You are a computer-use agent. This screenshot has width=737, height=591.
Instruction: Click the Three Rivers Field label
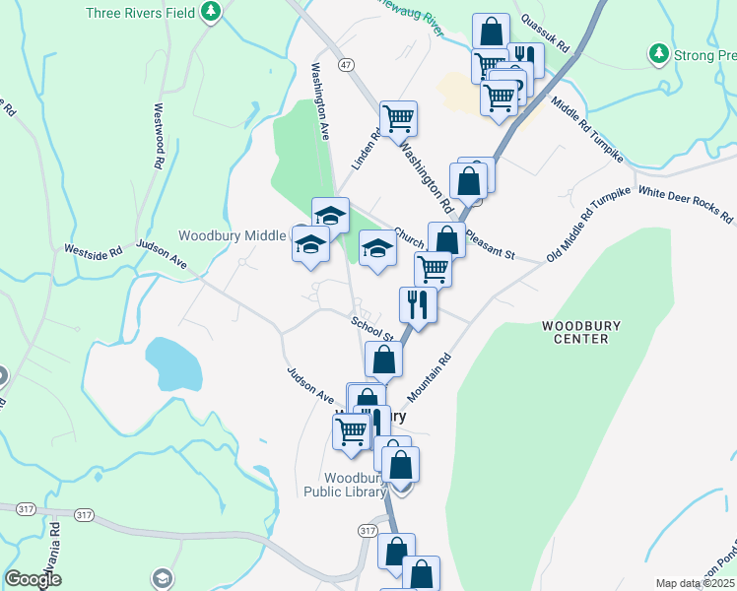[x=141, y=13]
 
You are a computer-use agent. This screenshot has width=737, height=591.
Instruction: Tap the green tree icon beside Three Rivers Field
[x=210, y=13]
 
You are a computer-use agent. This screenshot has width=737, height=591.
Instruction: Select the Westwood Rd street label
[x=157, y=138]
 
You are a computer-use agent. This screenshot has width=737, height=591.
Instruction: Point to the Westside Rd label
[x=94, y=251]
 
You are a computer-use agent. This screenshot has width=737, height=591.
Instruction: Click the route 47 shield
[x=345, y=63]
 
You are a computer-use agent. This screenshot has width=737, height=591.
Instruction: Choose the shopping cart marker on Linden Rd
[x=399, y=120]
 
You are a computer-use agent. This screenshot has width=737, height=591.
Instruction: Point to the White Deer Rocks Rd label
[x=685, y=204]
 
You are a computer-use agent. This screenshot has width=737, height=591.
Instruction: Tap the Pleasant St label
[x=490, y=245]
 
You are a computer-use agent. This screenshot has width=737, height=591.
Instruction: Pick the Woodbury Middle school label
[x=232, y=235]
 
